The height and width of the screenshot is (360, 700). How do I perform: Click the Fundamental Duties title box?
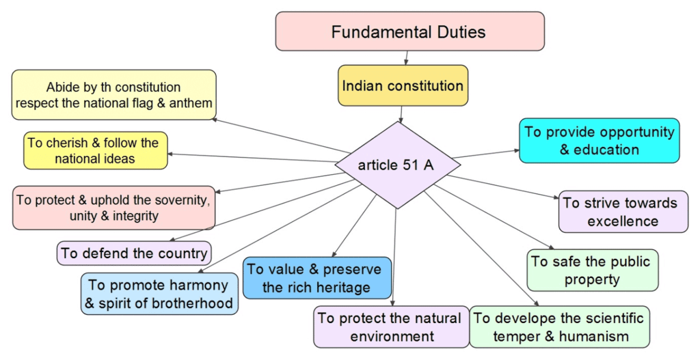coord(409,31)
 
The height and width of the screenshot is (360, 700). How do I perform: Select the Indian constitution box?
coord(403,85)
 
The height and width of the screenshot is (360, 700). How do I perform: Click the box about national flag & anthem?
coord(114,95)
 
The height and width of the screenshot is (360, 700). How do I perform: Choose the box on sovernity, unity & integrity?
coord(113,208)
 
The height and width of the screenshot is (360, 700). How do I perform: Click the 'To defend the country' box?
coord(134,253)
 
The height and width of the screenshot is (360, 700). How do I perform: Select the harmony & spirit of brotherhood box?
coord(159,294)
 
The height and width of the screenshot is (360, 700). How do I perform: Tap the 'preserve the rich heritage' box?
coord(317,278)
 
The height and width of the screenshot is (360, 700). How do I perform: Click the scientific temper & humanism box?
coord(559,327)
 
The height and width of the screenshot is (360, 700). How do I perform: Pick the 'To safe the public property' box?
coord(592,270)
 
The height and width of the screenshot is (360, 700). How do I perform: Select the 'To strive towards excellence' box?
coord(623,212)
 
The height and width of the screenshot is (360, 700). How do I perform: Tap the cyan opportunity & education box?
coord(599,140)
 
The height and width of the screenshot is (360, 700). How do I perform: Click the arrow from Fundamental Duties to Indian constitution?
coord(407,58)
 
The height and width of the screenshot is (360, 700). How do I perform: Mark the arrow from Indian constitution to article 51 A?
coord(402,113)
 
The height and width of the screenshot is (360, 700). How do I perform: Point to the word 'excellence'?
coord(623,221)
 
